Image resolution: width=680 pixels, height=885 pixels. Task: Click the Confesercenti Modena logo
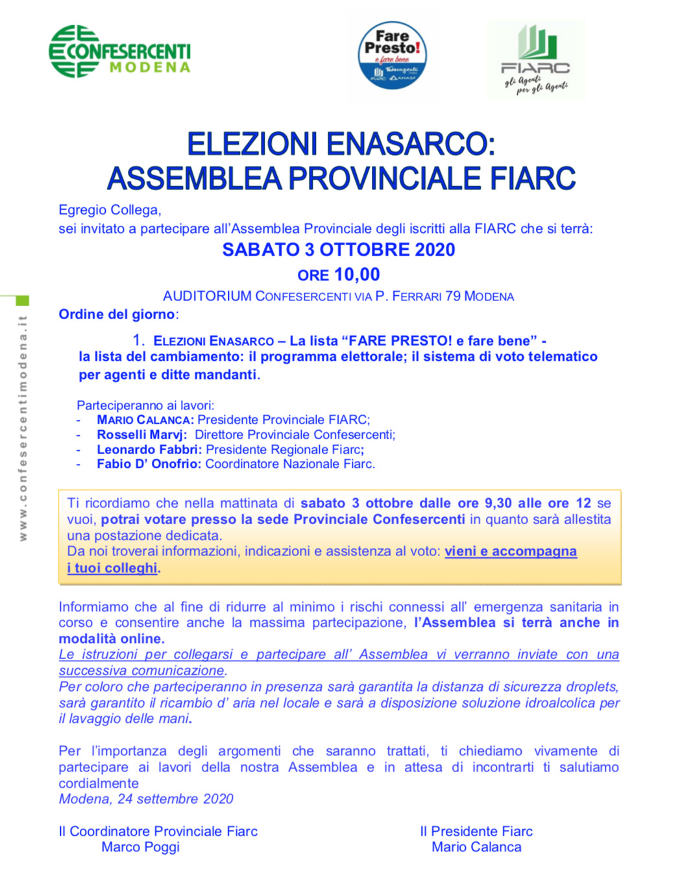pyautogui.click(x=120, y=52)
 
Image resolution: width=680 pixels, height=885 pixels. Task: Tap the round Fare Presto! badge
pyautogui.click(x=392, y=55)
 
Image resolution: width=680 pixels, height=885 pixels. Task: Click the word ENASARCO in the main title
pyautogui.click(x=403, y=144)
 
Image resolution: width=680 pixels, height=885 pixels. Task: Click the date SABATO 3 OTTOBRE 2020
pyautogui.click(x=339, y=250)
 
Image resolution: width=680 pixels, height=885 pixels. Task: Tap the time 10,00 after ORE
pyautogui.click(x=356, y=274)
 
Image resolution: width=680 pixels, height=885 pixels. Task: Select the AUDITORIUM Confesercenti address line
pyautogui.click(x=338, y=297)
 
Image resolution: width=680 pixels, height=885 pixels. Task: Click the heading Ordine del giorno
pyautogui.click(x=117, y=315)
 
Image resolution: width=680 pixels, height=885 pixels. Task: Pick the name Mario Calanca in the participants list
pyautogui.click(x=145, y=420)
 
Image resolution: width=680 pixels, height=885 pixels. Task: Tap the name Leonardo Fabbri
pyautogui.click(x=149, y=450)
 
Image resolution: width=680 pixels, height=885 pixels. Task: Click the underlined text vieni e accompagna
pyautogui.click(x=510, y=552)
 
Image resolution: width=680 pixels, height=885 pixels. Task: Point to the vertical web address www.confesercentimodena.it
pyautogui.click(x=23, y=428)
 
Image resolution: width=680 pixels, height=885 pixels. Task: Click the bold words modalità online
pyautogui.click(x=111, y=638)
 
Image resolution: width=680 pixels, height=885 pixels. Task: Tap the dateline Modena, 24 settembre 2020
pyautogui.click(x=146, y=799)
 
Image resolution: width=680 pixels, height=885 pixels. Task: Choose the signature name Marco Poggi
pyautogui.click(x=140, y=847)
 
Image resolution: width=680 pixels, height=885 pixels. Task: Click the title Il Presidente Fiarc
pyautogui.click(x=476, y=832)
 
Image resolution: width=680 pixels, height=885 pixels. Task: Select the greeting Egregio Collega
pyautogui.click(x=110, y=210)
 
